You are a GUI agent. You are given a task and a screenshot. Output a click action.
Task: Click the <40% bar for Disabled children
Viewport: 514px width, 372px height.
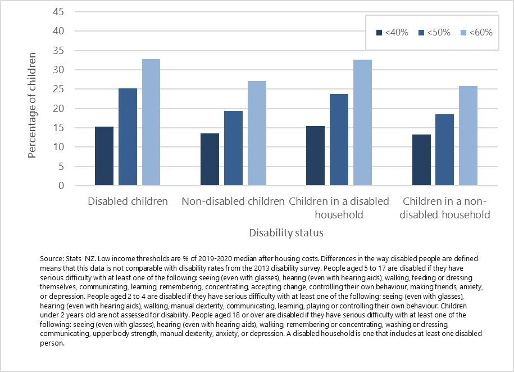[104, 156]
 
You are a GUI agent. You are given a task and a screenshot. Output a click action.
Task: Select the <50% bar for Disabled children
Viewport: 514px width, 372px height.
[128, 137]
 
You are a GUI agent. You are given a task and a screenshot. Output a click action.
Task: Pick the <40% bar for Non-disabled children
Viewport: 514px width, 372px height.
[210, 160]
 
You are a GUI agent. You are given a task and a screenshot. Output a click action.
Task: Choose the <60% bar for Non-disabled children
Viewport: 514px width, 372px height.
[257, 133]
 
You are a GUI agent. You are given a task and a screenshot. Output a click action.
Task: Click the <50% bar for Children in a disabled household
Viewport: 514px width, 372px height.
[339, 140]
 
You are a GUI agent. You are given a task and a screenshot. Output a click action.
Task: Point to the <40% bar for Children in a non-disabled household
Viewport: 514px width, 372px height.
[421, 160]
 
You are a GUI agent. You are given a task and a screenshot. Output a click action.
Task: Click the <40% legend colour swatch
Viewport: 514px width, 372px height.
[379, 33]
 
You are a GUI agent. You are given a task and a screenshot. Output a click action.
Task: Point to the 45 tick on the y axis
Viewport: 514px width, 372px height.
[58, 12]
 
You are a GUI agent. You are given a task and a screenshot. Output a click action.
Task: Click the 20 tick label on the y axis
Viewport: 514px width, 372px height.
[58, 109]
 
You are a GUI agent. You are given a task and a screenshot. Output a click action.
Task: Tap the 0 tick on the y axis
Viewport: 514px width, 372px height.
[61, 186]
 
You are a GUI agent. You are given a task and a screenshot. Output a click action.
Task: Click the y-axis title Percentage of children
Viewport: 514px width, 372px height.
[33, 105]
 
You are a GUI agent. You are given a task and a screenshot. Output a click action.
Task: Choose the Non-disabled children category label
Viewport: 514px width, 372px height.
[233, 201]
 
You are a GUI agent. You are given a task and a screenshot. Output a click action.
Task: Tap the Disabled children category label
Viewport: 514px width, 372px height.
[128, 201]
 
